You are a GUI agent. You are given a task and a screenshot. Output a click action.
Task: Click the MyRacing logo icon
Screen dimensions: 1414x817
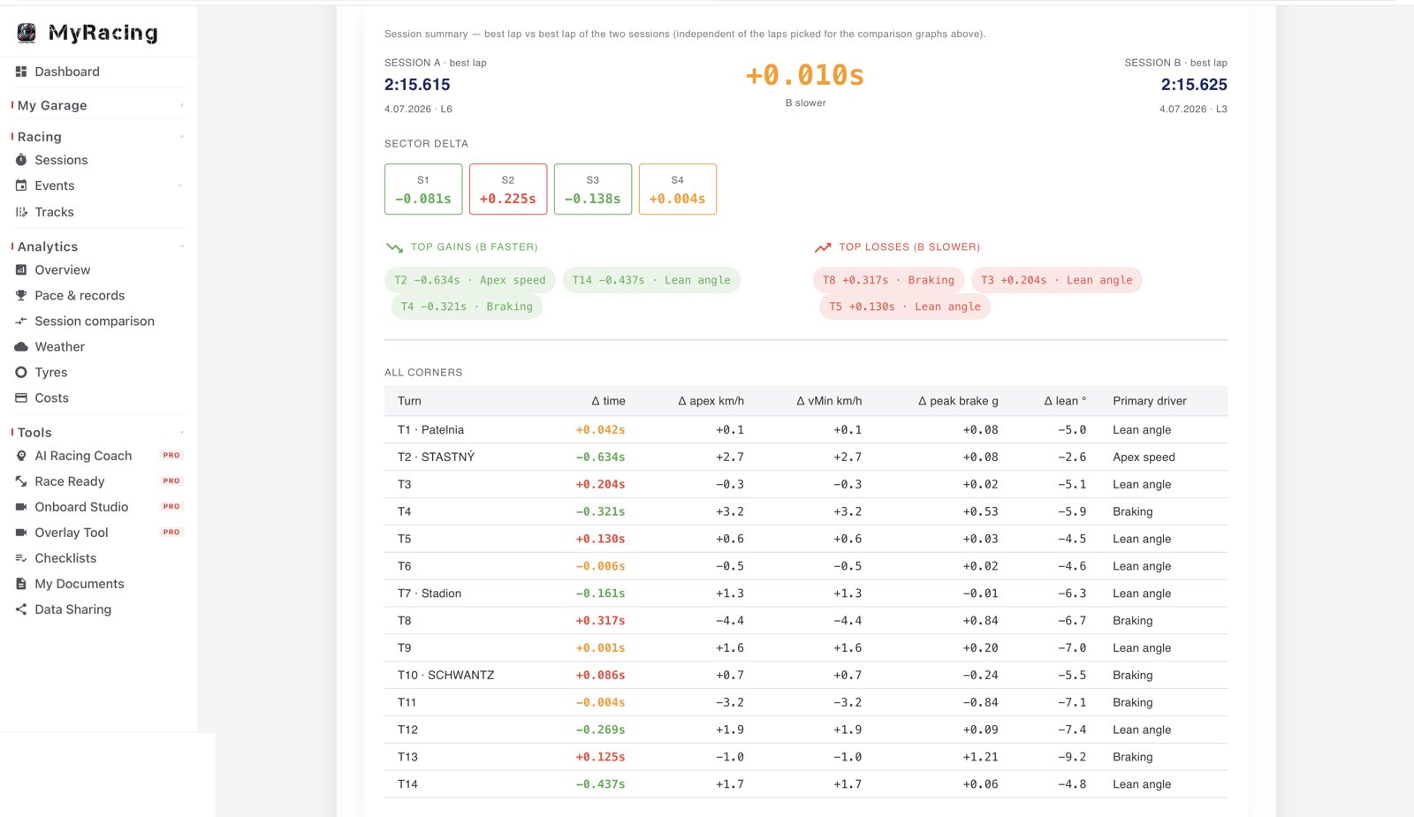(x=27, y=33)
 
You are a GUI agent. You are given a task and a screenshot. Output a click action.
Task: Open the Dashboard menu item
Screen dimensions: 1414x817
(x=67, y=72)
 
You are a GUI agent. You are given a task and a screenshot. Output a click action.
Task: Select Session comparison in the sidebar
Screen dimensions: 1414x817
(x=94, y=322)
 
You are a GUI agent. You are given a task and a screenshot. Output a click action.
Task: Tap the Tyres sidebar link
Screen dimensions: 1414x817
(x=50, y=372)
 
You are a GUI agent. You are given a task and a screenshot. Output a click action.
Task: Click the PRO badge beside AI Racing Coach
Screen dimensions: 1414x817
(x=171, y=455)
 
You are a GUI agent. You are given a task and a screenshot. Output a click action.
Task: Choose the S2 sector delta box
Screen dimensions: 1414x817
(x=508, y=189)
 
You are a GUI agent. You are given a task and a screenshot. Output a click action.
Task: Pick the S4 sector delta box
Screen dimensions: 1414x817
(x=677, y=189)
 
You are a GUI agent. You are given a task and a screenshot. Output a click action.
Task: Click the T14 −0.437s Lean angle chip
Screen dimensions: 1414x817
(x=650, y=280)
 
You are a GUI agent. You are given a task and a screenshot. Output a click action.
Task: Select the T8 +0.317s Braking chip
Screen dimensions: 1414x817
(x=888, y=280)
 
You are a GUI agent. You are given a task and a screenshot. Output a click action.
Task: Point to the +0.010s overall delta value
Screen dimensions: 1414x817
(x=805, y=75)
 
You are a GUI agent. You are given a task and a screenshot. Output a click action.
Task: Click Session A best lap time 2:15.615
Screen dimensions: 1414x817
(x=417, y=85)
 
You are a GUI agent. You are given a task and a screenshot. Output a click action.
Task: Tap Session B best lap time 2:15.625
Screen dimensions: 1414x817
(x=1194, y=85)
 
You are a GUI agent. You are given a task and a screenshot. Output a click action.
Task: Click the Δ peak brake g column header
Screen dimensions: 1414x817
(x=958, y=401)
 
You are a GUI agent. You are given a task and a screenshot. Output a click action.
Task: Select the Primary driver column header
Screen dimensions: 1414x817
(x=1150, y=401)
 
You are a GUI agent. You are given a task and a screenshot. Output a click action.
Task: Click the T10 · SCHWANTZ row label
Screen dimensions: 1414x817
(x=445, y=675)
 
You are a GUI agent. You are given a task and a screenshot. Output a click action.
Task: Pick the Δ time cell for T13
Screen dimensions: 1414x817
(x=600, y=756)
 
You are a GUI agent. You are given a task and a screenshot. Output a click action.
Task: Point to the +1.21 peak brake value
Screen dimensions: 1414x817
(x=980, y=756)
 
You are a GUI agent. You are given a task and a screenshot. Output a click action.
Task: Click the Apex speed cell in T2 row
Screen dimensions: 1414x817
(x=1144, y=457)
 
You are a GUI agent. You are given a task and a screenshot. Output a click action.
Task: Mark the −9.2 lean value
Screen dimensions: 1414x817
(x=1072, y=756)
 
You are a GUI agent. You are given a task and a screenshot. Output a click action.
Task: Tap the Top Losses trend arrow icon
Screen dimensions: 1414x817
(x=823, y=247)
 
